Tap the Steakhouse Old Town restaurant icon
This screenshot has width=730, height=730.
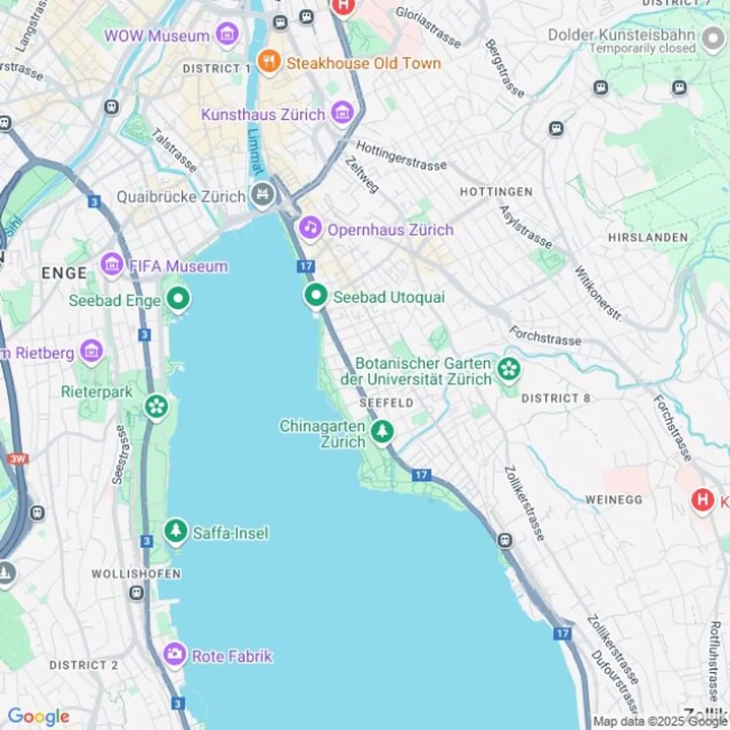(x=269, y=61)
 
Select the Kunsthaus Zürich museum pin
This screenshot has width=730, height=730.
(x=342, y=113)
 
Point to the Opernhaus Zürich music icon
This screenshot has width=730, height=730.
(x=310, y=228)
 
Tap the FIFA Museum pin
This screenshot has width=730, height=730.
(x=112, y=264)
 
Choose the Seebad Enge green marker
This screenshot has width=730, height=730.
(x=178, y=299)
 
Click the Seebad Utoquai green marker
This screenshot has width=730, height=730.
(x=315, y=295)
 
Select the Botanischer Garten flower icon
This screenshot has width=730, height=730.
(x=508, y=370)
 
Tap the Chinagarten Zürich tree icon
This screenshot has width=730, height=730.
(x=382, y=432)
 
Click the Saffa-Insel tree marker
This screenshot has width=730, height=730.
(x=175, y=531)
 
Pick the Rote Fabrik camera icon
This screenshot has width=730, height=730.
(x=175, y=654)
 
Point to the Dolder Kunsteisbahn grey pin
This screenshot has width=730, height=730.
(x=713, y=39)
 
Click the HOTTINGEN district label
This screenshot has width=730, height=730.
(x=496, y=192)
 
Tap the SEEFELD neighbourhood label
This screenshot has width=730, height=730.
(x=386, y=403)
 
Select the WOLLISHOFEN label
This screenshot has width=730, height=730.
(x=136, y=574)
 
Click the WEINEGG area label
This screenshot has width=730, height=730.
(x=613, y=500)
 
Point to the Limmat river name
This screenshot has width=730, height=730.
(x=256, y=151)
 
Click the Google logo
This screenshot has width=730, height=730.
(x=39, y=716)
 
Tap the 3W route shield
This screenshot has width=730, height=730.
(x=18, y=459)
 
